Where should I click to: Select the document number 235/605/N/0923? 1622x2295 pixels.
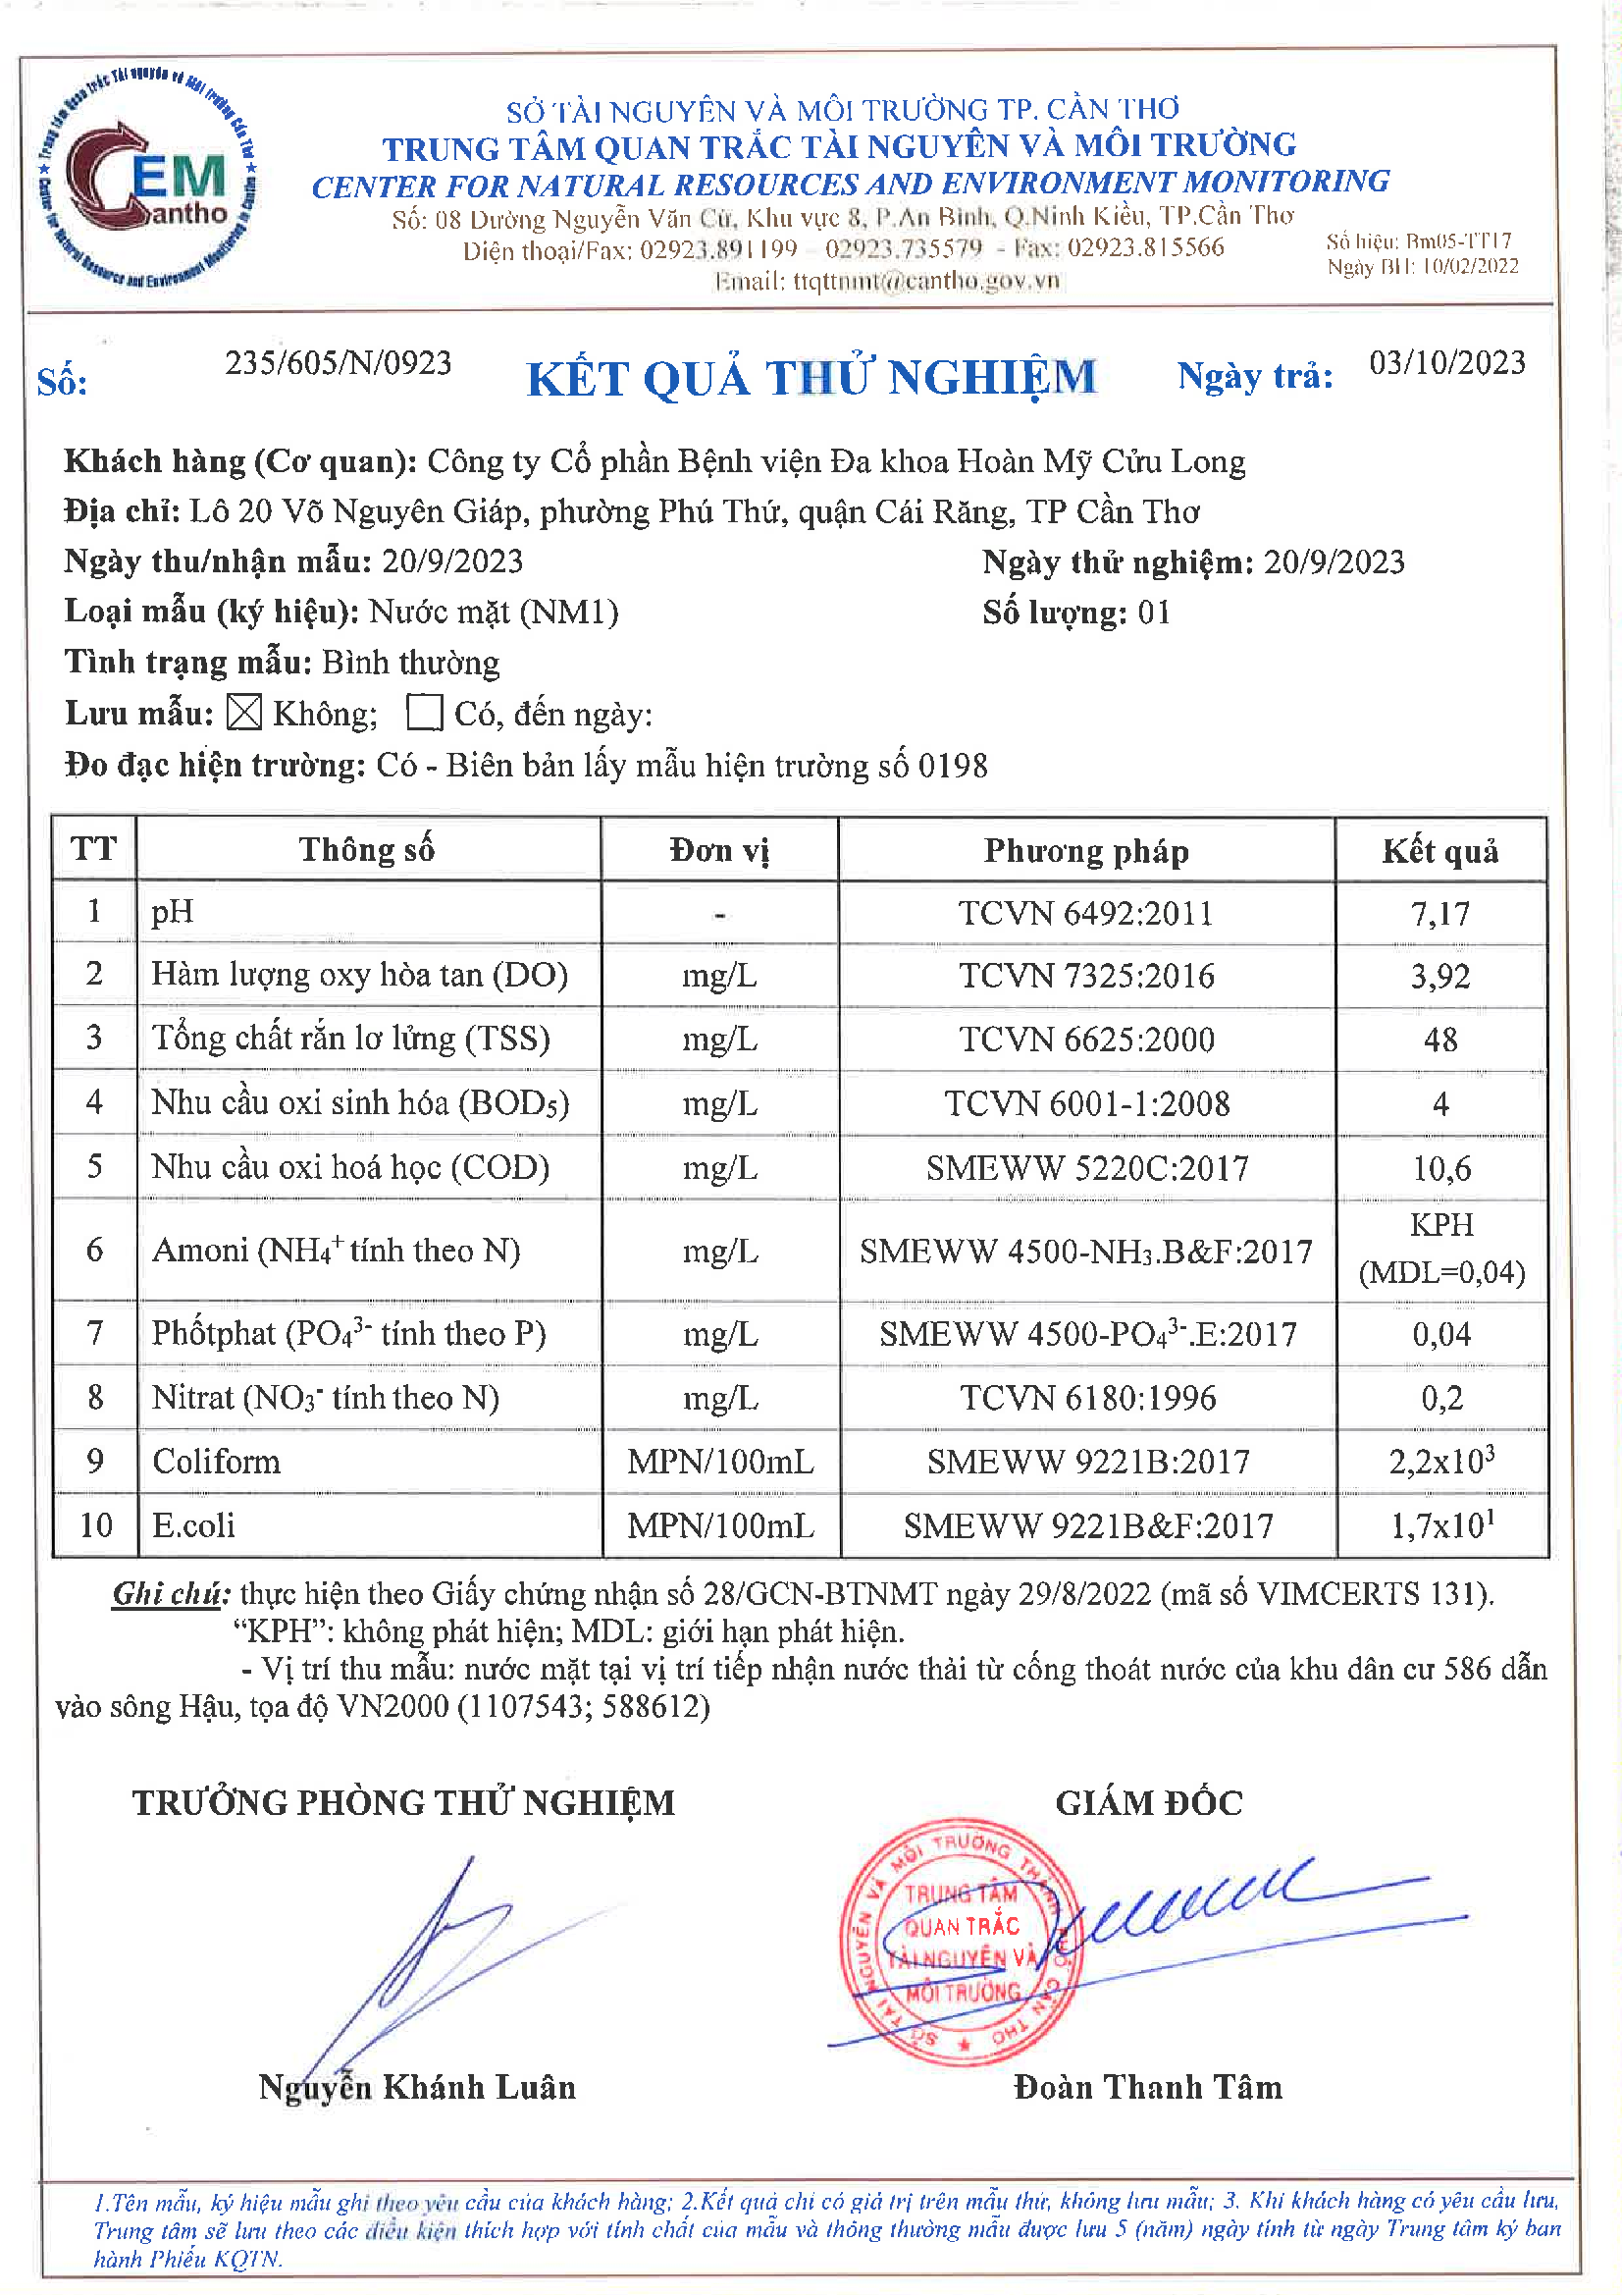338,363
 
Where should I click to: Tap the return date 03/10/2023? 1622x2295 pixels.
1446,363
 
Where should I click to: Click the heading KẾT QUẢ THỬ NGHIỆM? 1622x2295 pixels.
811,378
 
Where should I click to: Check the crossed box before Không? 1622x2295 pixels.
244,713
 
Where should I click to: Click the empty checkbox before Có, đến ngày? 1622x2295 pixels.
425,713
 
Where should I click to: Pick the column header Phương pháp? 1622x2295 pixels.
1085,851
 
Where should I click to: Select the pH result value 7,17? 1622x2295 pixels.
1439,913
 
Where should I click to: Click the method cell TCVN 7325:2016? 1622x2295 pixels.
1086,976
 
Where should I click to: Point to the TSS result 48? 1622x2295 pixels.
1439,1040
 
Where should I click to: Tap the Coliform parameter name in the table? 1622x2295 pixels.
216,1462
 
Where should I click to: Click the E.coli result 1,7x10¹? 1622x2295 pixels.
1441,1524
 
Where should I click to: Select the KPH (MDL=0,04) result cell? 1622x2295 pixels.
1440,1249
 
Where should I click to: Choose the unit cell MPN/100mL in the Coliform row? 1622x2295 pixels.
719,1462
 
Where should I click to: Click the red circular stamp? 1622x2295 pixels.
960,1946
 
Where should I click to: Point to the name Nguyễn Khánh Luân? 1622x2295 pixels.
417,2086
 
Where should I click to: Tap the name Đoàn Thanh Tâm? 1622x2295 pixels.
1147,2086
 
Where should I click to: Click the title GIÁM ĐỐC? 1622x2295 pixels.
1148,1802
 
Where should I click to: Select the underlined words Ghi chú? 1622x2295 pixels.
171,1593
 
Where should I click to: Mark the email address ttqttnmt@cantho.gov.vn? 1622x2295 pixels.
925,281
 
